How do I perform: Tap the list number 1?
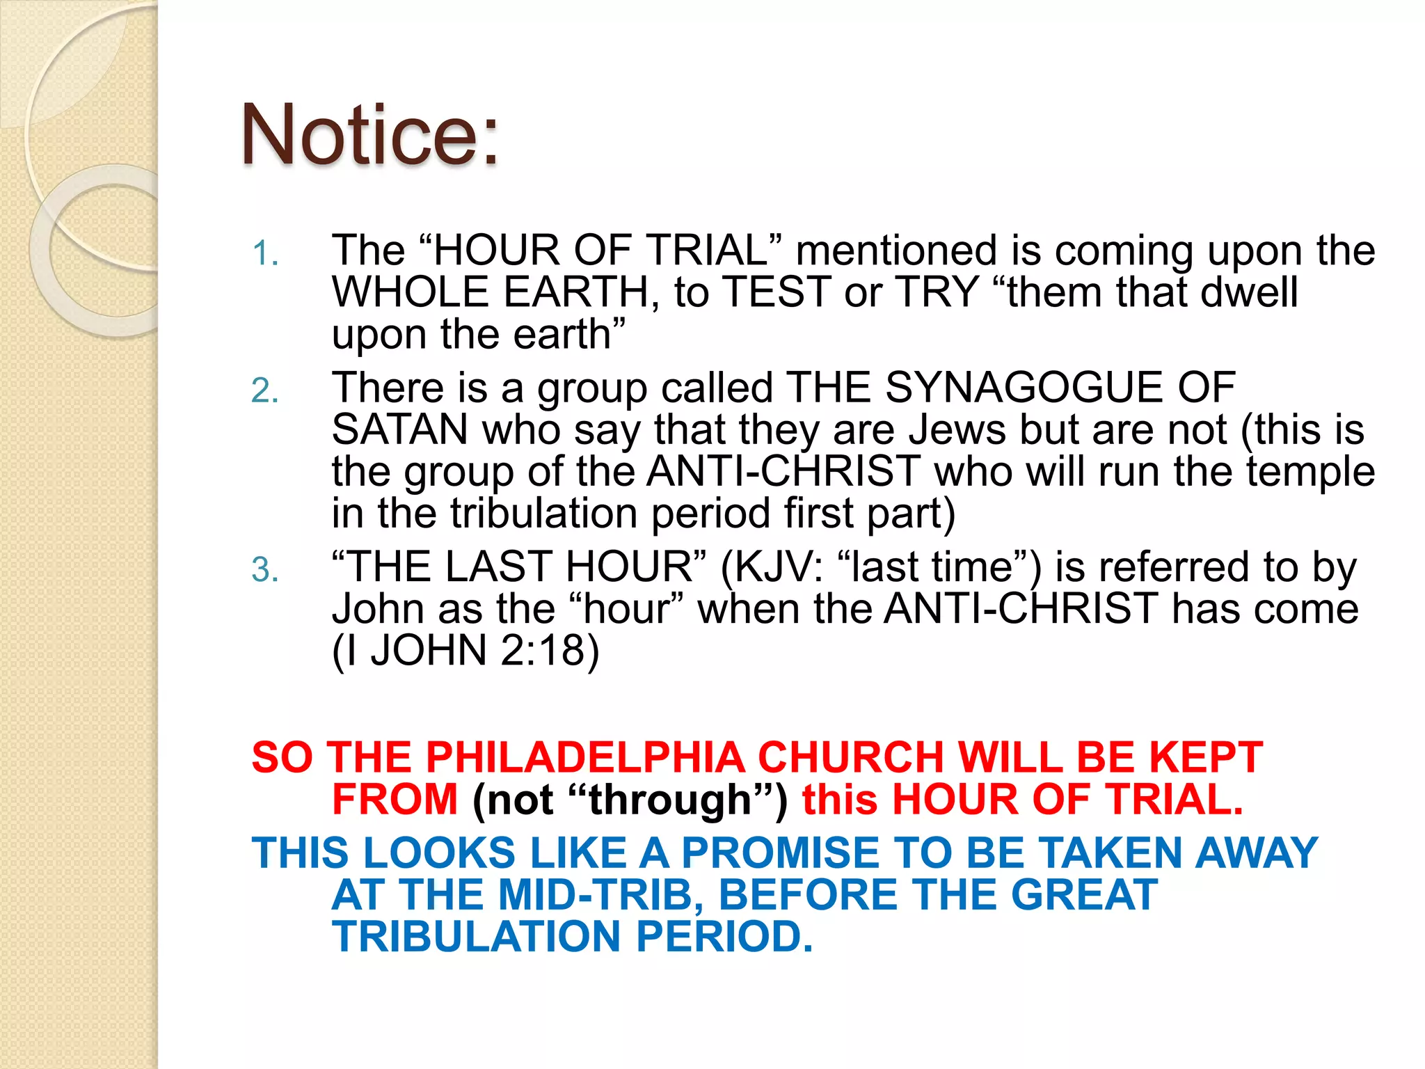click(x=264, y=253)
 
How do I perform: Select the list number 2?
click(x=264, y=391)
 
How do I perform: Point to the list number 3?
click(x=264, y=571)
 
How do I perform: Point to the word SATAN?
click(x=399, y=429)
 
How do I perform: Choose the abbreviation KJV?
click(x=779, y=567)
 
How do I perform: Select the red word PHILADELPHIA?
click(x=585, y=757)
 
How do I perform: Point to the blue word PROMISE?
click(x=780, y=853)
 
